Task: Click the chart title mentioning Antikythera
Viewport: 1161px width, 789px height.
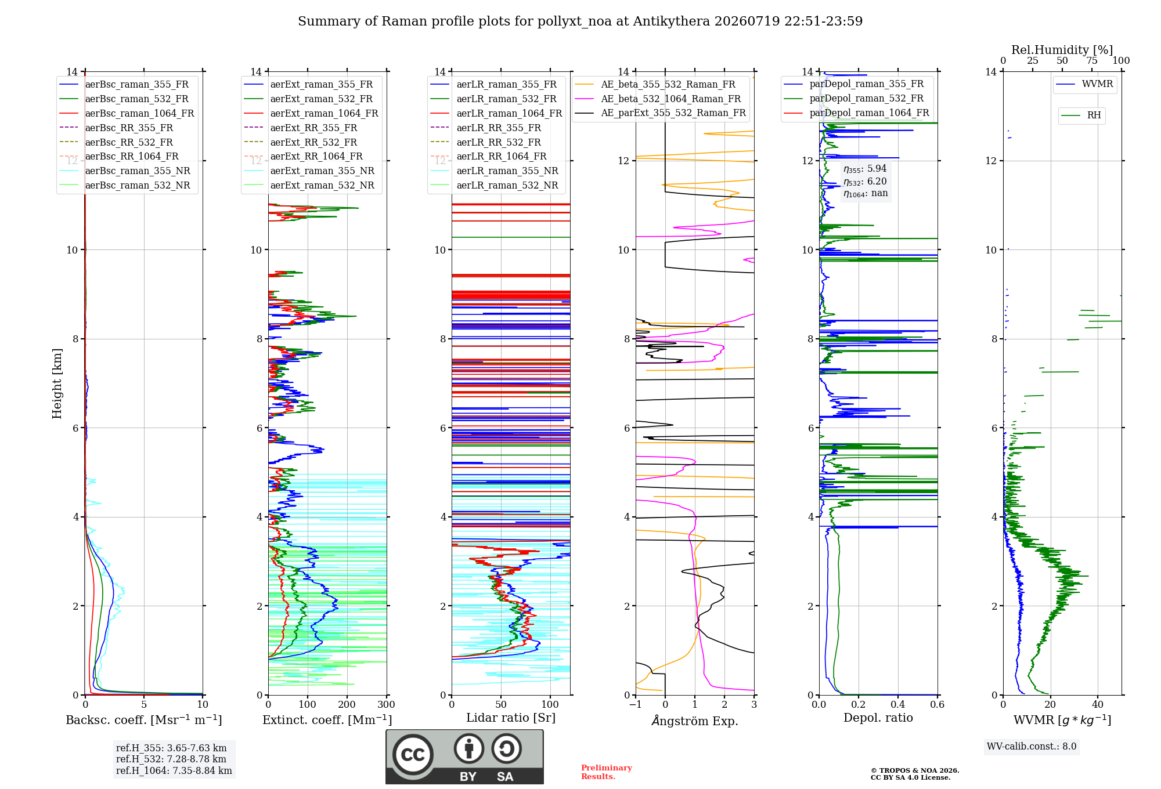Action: pos(580,21)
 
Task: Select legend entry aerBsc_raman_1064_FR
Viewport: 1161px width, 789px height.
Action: pos(127,113)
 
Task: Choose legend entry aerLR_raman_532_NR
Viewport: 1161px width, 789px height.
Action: pos(494,185)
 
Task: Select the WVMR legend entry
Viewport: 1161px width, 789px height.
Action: pos(1084,84)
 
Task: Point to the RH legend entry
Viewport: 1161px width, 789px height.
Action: pos(1081,115)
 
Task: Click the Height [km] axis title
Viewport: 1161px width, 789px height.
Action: pos(57,383)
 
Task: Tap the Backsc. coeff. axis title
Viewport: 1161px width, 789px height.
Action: pos(144,720)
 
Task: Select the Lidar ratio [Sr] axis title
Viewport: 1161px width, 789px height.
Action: pos(511,718)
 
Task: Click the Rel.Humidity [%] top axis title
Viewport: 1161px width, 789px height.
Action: pos(1062,50)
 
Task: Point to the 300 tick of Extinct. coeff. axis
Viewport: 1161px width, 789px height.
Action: pos(386,704)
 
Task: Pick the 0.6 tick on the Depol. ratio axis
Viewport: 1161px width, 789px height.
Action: pos(937,704)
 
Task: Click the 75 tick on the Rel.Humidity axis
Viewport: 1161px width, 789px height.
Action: pos(1092,60)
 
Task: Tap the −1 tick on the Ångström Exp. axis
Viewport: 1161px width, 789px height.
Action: pos(636,704)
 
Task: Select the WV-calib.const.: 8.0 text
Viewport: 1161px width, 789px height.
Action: pos(1032,747)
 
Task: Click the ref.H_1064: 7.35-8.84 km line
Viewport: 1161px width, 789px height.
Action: pos(174,770)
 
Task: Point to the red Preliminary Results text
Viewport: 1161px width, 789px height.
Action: pos(607,772)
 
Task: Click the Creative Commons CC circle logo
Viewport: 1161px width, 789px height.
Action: pos(413,754)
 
